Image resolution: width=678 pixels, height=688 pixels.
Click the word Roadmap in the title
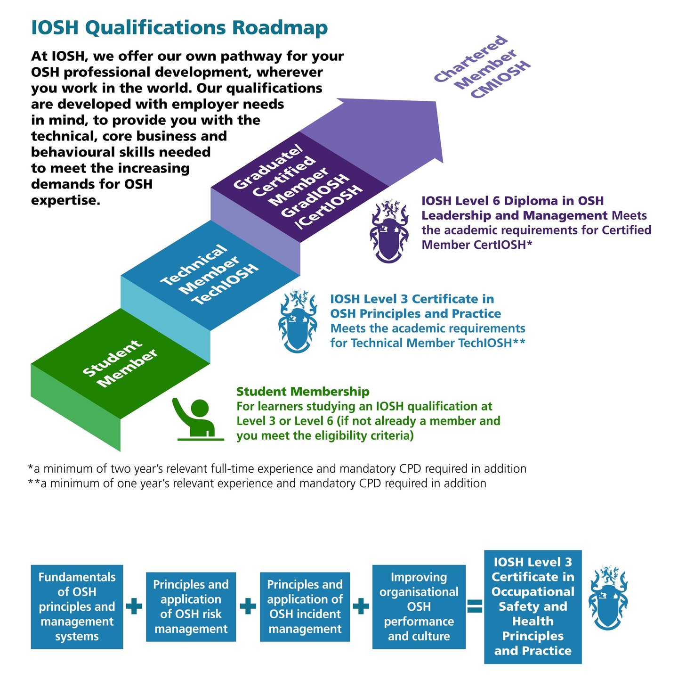280,28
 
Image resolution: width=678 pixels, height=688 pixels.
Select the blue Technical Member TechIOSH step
210,275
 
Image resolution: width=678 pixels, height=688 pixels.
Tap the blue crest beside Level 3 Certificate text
298,321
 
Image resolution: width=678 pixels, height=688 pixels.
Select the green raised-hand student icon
198,419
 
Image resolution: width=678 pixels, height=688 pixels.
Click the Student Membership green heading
303,392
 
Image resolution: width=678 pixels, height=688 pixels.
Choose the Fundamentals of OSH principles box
77,606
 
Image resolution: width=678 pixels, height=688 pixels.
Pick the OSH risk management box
191,606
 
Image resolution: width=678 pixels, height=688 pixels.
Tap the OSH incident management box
305,606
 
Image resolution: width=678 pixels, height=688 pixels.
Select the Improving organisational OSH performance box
419,606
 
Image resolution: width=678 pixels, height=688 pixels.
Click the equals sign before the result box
475,606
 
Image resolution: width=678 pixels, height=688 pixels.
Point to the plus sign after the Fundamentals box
134,606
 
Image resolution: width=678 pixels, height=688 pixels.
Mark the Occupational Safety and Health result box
533,606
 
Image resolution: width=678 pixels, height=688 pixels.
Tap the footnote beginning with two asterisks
257,483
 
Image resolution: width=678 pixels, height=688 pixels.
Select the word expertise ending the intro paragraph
65,201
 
